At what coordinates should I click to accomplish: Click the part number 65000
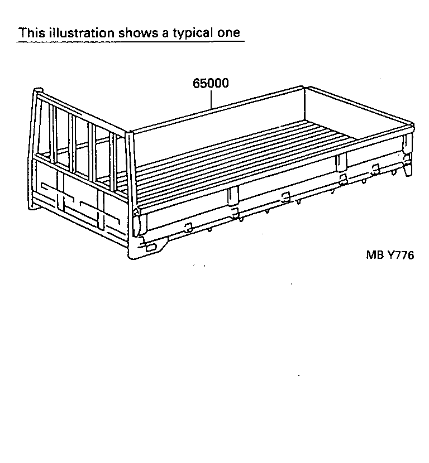tap(211, 84)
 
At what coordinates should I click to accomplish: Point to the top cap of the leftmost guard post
tap(37, 90)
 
